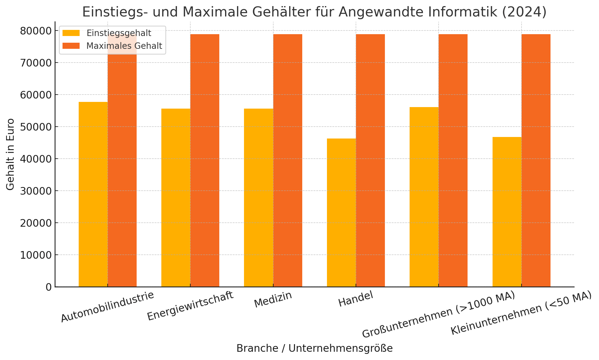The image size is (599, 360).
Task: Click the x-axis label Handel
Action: click(x=356, y=299)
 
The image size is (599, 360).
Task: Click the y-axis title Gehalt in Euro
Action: click(x=10, y=154)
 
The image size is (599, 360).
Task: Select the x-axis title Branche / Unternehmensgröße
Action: click(x=314, y=348)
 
